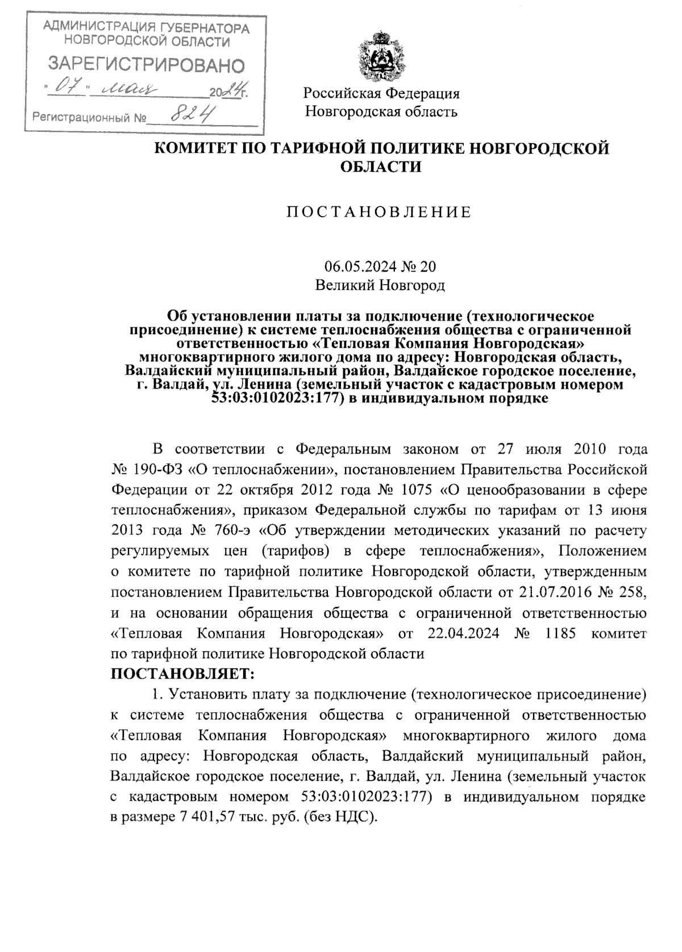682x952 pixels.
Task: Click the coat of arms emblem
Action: [381, 57]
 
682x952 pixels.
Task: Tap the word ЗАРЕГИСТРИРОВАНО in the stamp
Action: [146, 65]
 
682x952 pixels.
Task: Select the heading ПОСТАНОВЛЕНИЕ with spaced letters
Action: [379, 213]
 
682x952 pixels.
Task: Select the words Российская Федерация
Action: [381, 93]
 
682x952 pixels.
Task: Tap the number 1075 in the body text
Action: [418, 489]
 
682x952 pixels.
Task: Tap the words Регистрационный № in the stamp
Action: [89, 119]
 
